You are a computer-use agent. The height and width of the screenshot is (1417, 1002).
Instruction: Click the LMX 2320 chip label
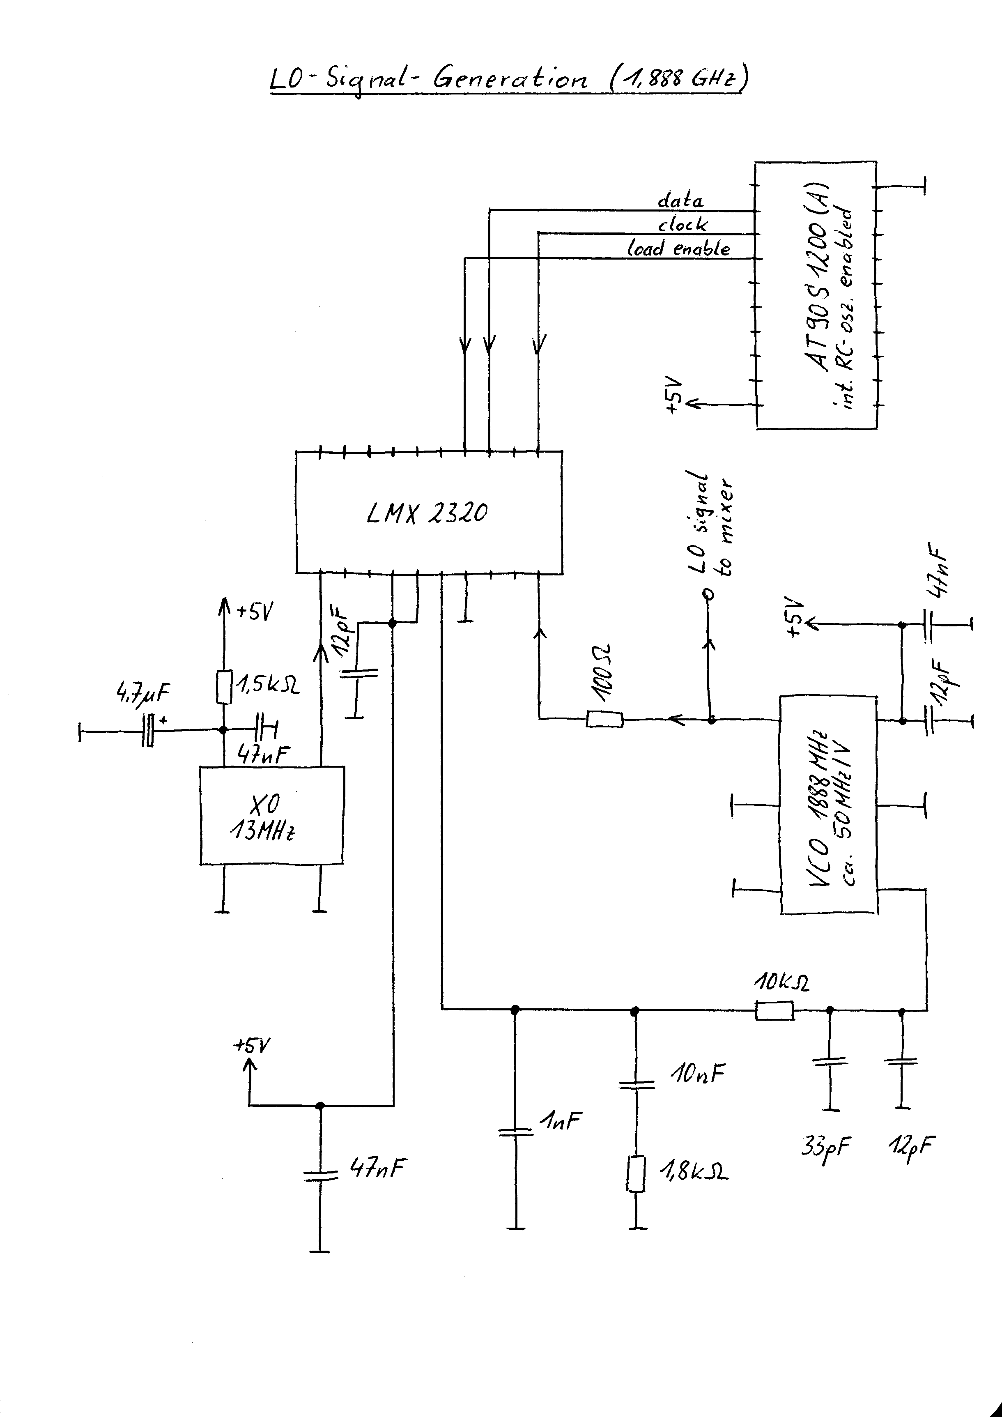[427, 513]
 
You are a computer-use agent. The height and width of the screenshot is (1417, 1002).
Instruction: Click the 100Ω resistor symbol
[604, 719]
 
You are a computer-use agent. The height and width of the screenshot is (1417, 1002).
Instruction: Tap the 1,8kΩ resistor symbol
[636, 1174]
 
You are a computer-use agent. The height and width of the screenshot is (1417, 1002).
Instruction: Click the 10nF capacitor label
[697, 1074]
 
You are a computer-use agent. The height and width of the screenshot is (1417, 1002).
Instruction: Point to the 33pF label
[826, 1148]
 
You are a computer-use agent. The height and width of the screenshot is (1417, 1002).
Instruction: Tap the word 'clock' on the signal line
[683, 223]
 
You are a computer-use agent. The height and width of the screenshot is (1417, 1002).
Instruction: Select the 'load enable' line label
[678, 248]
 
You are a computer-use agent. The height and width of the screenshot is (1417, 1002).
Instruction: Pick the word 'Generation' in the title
[511, 78]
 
